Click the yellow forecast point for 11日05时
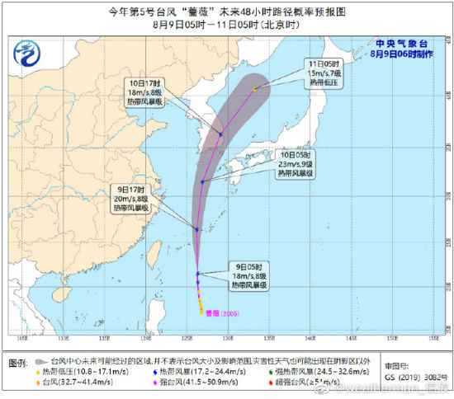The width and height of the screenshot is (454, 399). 256,88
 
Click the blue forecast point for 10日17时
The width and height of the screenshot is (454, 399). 221,134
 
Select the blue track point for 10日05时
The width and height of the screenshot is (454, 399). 202,182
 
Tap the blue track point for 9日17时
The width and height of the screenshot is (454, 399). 196,229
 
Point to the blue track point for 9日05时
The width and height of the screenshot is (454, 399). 198,274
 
